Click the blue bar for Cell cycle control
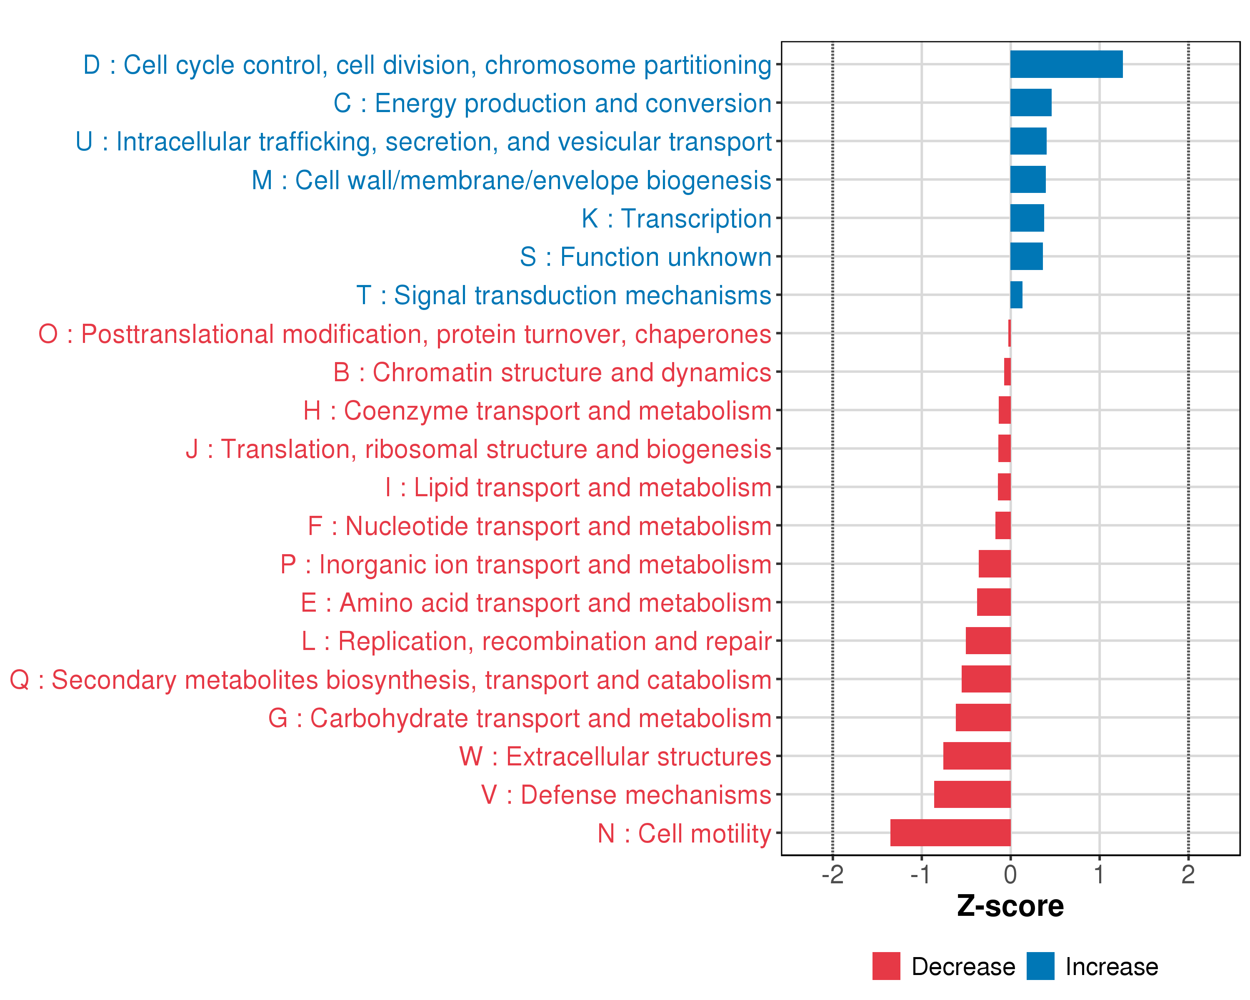click(1066, 64)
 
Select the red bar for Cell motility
click(950, 832)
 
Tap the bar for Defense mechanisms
click(972, 794)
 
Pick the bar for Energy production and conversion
click(1030, 102)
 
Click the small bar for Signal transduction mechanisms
click(1016, 295)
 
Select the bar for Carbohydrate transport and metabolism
click(983, 717)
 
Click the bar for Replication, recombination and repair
click(988, 640)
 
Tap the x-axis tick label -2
click(832, 875)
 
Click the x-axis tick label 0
click(1010, 875)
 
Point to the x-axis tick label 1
click(1099, 875)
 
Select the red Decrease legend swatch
click(886, 966)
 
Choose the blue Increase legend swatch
click(1040, 966)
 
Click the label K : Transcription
click(676, 219)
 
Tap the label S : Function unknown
click(645, 257)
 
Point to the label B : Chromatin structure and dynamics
click(552, 372)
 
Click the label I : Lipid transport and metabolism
click(578, 487)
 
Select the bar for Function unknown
click(1026, 256)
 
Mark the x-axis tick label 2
click(1188, 875)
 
